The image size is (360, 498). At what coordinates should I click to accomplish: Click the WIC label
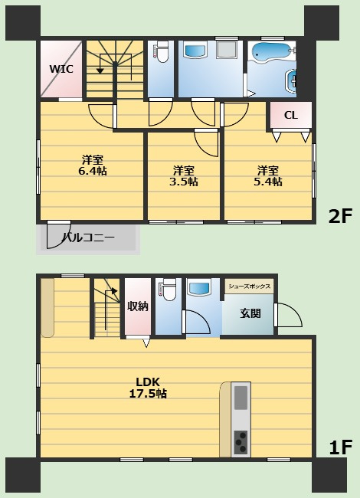(x=61, y=69)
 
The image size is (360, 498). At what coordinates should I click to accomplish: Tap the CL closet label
(x=291, y=116)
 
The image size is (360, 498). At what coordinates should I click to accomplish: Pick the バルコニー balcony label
(x=88, y=238)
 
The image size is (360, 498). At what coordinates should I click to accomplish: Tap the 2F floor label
(x=339, y=216)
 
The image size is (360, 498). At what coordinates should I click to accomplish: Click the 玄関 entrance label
(x=249, y=313)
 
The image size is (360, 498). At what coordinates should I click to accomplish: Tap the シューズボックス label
(x=250, y=287)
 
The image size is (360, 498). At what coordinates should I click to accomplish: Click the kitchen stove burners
(x=241, y=443)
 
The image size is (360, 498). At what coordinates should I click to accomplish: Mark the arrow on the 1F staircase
(x=113, y=291)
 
